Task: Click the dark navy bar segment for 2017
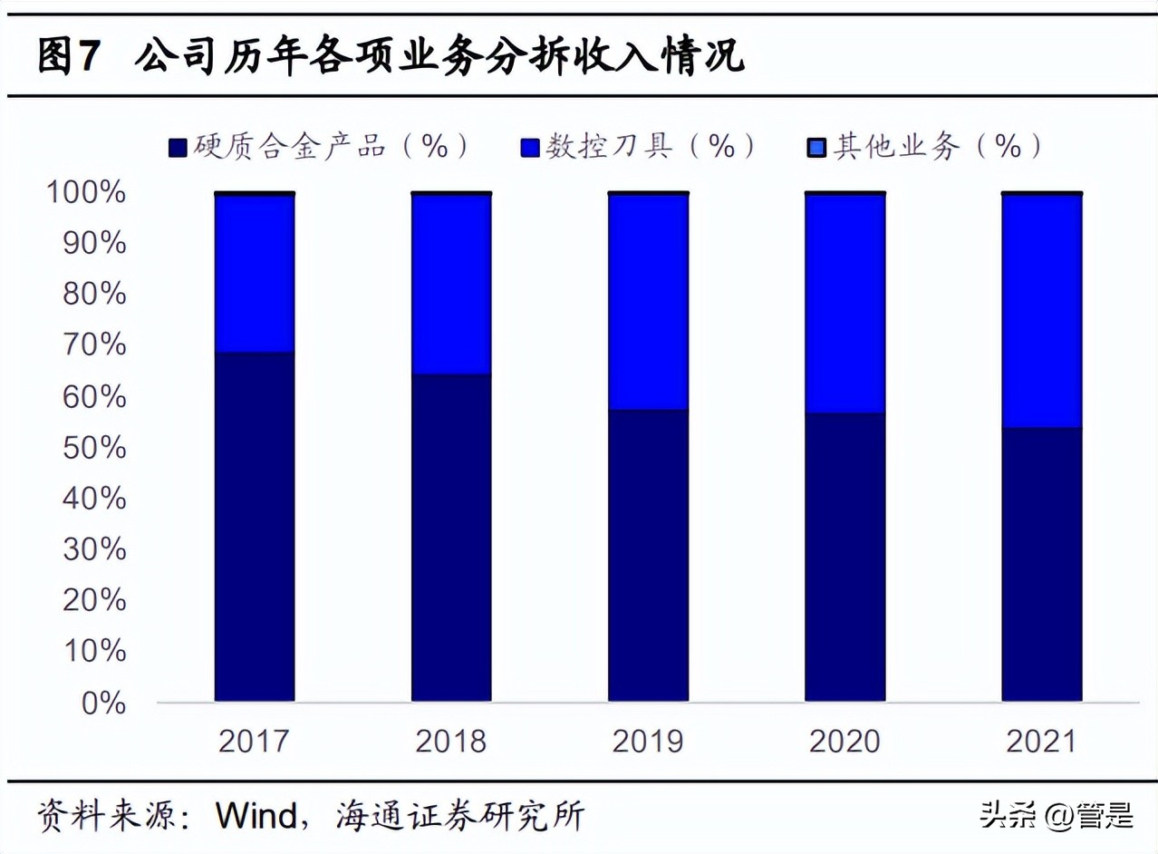255,526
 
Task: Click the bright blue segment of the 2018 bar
451,284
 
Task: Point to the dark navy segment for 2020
844,557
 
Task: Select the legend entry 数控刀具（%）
639,147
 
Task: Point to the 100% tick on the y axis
88,193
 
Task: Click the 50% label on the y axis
94,448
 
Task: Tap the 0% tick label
103,703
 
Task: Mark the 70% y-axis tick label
94,345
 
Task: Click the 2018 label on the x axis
451,742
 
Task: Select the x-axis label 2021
1041,742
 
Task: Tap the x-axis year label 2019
648,742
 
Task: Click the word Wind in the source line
256,816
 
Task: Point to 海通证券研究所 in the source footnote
459,816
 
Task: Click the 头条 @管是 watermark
1056,816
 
